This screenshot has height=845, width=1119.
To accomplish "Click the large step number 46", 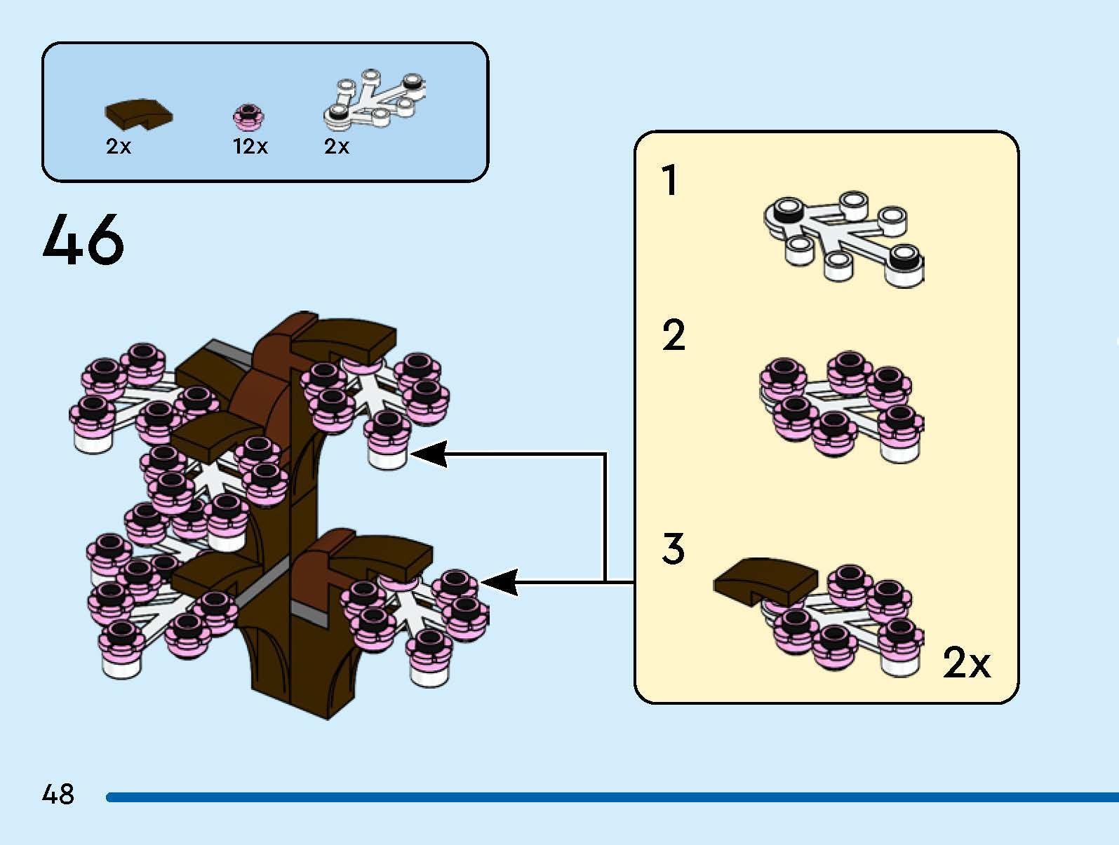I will point(83,240).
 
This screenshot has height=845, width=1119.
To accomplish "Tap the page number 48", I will point(58,795).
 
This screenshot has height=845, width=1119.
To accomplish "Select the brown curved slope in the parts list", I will point(139,114).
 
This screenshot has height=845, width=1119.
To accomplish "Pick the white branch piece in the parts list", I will point(375,102).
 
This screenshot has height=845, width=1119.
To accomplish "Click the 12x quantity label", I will point(250,147).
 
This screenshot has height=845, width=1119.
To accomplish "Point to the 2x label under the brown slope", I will point(119,147).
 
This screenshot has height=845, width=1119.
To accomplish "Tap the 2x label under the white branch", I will point(337,147).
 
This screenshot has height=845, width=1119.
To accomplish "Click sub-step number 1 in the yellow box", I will point(671,180).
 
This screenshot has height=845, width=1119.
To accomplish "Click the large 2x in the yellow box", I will point(966,662).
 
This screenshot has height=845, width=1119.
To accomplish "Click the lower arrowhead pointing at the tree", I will point(500,582).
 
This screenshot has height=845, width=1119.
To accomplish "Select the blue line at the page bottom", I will point(610,797).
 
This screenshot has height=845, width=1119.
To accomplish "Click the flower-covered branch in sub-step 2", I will point(841,407).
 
